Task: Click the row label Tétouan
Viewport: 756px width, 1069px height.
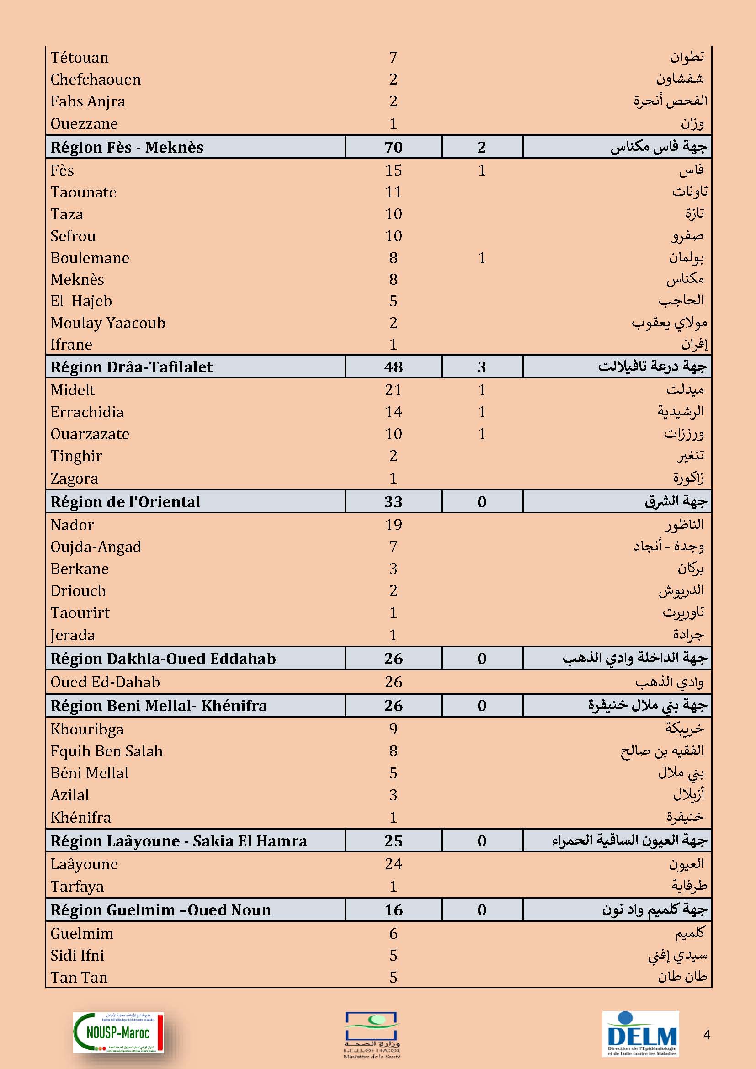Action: (x=79, y=57)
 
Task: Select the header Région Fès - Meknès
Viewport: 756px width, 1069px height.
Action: (x=127, y=147)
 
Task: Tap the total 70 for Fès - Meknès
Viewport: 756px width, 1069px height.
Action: (x=393, y=147)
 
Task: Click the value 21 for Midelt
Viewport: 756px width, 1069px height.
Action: (x=393, y=390)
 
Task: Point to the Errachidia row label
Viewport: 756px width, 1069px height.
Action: (x=87, y=412)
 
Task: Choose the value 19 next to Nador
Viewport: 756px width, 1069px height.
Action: (x=393, y=525)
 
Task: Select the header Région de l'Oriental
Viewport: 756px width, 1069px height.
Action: (x=125, y=501)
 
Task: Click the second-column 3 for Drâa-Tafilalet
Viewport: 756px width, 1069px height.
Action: (x=481, y=367)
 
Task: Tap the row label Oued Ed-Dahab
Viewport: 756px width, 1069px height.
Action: (x=105, y=682)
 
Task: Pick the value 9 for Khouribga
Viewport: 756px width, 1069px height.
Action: (x=393, y=729)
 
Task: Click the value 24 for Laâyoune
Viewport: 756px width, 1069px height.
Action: (x=393, y=864)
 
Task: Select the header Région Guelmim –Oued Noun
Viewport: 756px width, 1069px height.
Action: (x=160, y=910)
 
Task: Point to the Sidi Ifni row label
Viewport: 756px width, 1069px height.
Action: (x=77, y=955)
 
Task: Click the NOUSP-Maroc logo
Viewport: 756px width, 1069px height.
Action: (x=118, y=1032)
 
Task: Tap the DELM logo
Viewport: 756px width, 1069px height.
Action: (x=640, y=1032)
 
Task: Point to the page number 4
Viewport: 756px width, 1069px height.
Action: (x=707, y=1035)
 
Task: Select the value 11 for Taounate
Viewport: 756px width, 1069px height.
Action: (x=393, y=192)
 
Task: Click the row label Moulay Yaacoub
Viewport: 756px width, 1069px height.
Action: (x=108, y=323)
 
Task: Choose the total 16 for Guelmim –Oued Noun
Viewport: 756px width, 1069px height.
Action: (x=393, y=910)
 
